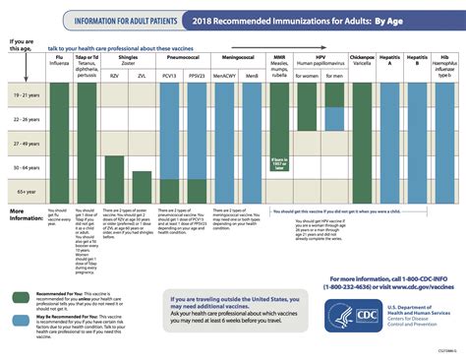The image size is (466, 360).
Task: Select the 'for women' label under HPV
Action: tap(309, 75)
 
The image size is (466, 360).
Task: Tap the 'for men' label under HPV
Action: tap(334, 75)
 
